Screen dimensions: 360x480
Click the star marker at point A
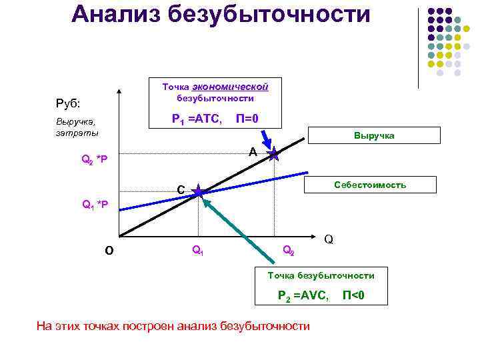click(274, 155)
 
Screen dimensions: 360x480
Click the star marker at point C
click(199, 193)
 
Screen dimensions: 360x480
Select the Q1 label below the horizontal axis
click(198, 251)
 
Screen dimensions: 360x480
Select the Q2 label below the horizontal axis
click(289, 251)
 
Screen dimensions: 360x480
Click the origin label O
click(109, 251)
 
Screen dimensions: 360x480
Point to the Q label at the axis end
click(329, 239)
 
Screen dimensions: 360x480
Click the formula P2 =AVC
click(303, 295)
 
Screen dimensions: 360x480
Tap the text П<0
click(353, 295)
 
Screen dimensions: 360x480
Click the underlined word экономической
click(230, 87)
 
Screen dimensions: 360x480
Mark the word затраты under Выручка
click(77, 133)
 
